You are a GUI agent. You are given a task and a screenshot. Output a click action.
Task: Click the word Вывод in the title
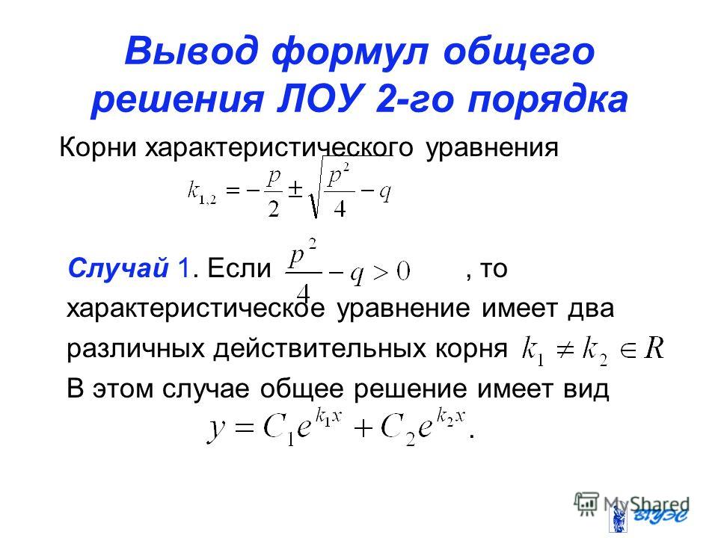(191, 52)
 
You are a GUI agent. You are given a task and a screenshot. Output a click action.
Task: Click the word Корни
(98, 148)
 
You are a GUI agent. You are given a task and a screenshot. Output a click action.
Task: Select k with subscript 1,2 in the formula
(201, 191)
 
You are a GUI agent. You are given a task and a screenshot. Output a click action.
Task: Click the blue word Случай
(118, 268)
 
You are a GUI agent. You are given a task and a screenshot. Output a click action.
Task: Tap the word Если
(239, 268)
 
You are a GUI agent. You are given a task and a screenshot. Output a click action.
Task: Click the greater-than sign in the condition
(380, 273)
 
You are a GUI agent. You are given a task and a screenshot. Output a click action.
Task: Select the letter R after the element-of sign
(654, 348)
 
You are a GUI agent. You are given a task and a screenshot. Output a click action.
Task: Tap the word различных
(135, 349)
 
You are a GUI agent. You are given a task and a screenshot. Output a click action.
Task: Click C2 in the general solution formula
(397, 431)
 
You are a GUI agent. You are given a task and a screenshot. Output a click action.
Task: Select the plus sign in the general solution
(363, 430)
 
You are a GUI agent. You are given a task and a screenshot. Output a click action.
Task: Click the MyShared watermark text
(646, 505)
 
